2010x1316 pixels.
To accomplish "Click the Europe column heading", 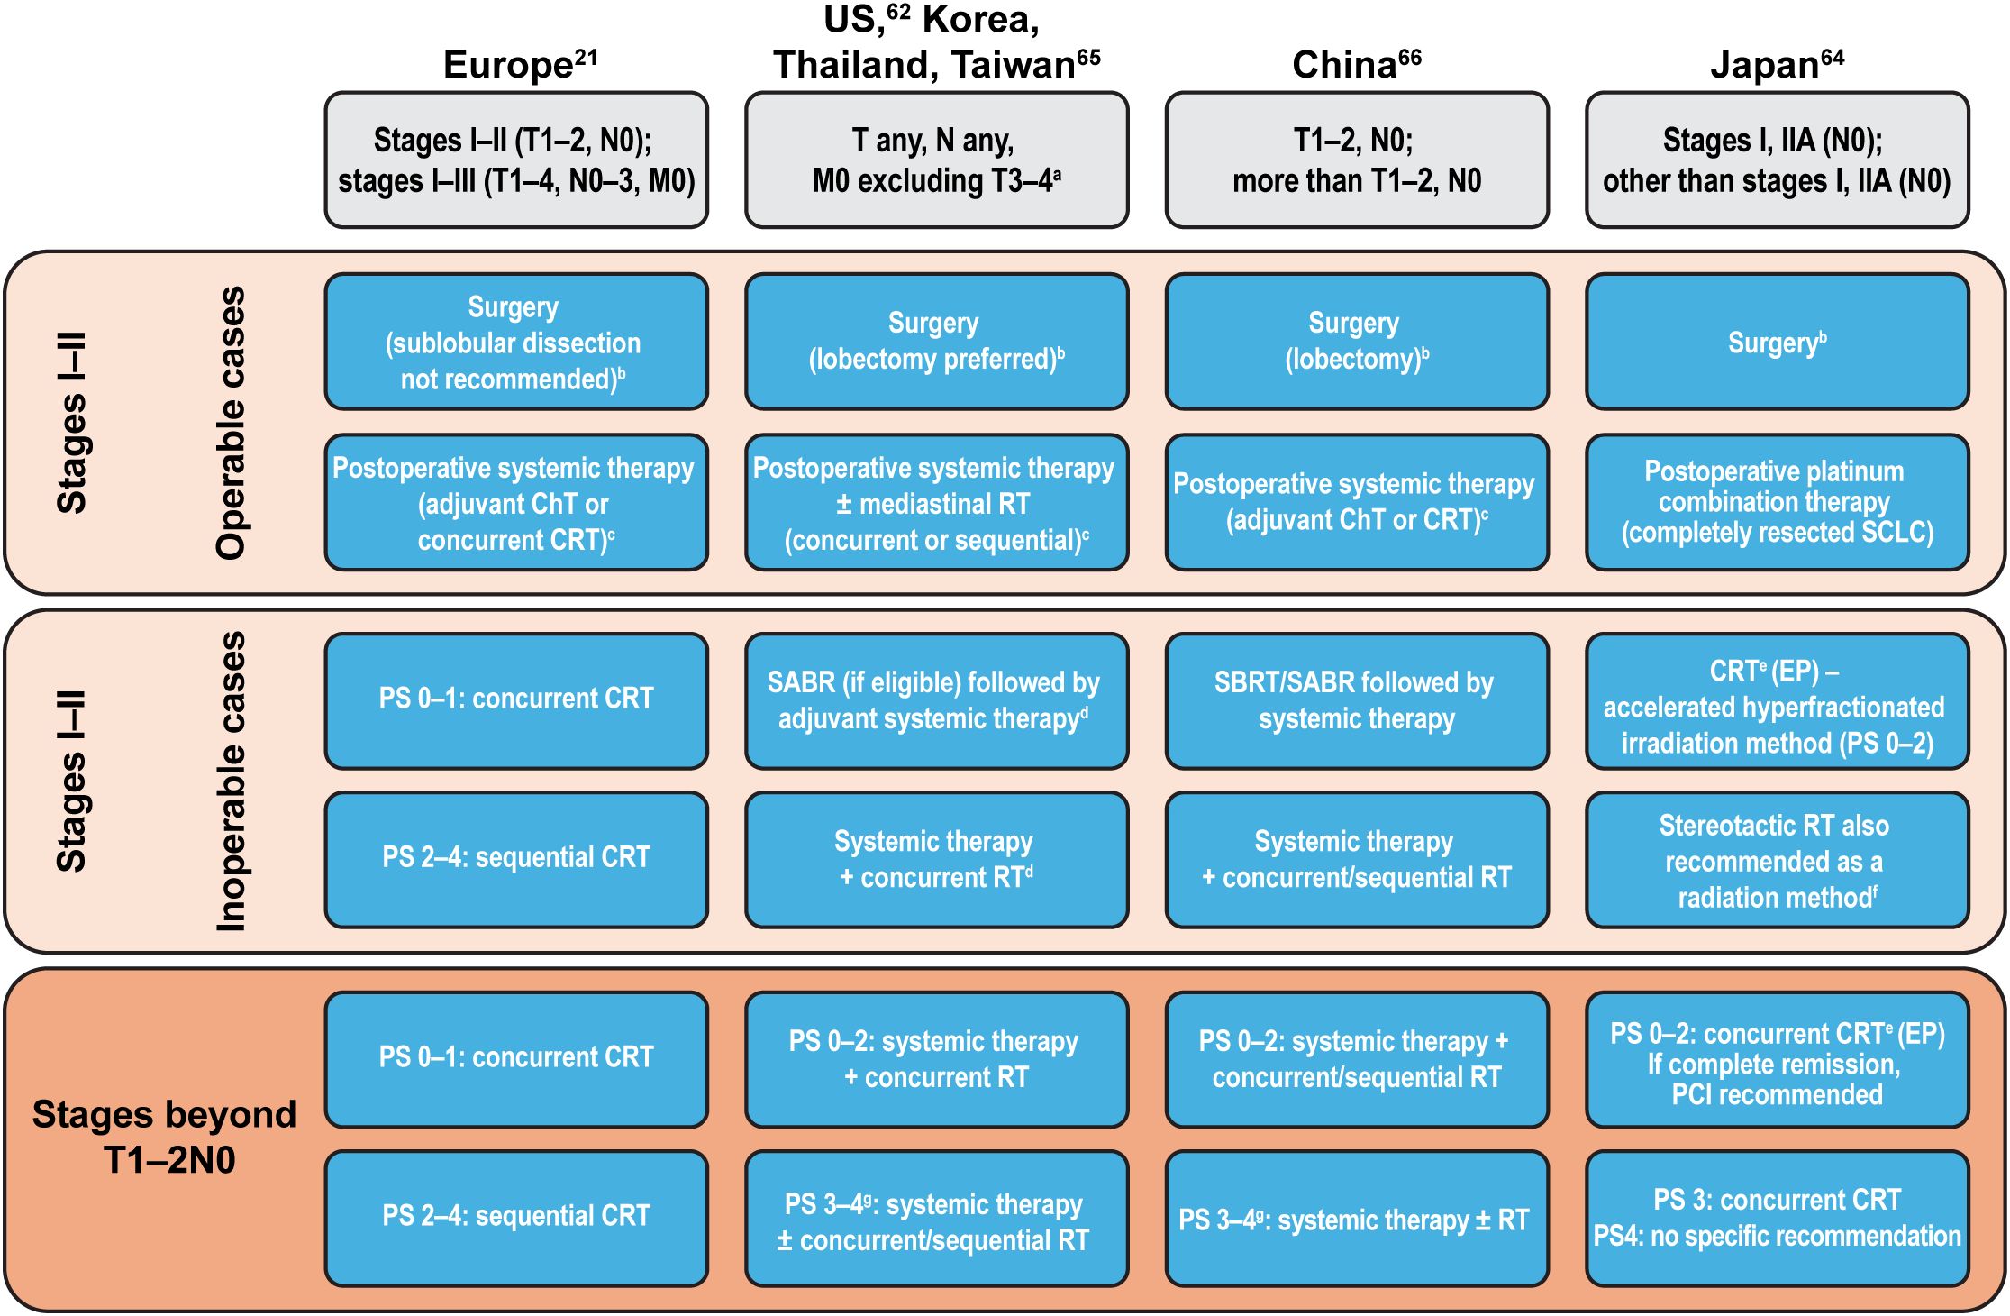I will (x=519, y=65).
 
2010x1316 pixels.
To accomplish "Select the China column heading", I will (x=1356, y=65).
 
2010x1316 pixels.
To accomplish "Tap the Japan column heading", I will (x=1777, y=65).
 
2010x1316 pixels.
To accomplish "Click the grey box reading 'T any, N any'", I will (x=936, y=160).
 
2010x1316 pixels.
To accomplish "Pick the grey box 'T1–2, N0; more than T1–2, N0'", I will (x=1356, y=160).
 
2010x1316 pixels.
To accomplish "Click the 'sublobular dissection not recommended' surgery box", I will (x=515, y=343).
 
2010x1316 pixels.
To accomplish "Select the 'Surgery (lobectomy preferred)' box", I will (x=936, y=343).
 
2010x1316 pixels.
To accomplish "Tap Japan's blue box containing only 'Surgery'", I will (x=1777, y=343).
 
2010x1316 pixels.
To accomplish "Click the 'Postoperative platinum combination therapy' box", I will (x=1777, y=502).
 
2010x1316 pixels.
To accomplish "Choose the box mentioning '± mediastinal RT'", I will (x=936, y=502).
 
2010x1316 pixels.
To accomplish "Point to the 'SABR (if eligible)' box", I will (x=936, y=700).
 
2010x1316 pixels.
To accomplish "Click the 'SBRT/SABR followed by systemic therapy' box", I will (x=1356, y=700).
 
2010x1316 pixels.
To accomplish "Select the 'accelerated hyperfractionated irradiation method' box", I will (x=1777, y=700).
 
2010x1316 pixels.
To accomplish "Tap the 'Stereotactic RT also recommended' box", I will (x=1777, y=860).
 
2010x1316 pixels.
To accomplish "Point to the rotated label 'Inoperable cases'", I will (x=231, y=781).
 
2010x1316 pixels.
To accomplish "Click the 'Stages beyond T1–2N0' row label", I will (x=165, y=1138).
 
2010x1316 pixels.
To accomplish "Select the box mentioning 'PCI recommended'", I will (x=1777, y=1060).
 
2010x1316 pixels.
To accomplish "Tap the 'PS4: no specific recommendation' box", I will (x=1777, y=1219).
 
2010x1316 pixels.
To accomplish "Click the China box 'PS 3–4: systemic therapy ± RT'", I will (x=1356, y=1219).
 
